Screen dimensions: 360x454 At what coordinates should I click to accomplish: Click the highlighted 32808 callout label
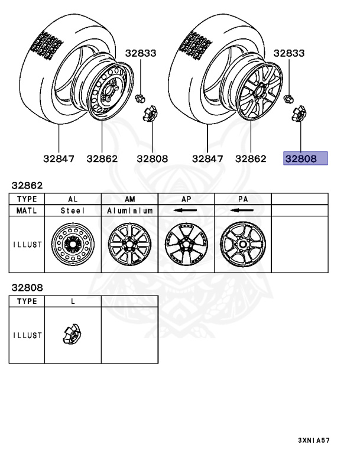[305, 158]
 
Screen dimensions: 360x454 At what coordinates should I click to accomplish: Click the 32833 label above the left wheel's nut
[141, 53]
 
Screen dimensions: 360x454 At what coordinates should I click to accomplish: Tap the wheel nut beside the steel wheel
[140, 99]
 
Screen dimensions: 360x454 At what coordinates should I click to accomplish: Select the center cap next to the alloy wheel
[299, 113]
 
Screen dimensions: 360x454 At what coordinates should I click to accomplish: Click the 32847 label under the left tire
[59, 158]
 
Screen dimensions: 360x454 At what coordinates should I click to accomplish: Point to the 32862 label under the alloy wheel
[251, 158]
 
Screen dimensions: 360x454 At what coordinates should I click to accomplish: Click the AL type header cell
[73, 199]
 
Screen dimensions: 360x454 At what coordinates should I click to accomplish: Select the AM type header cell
[129, 199]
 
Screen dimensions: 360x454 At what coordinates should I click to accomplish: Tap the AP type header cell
[186, 199]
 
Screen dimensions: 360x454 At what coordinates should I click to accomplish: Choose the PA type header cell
[243, 199]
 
